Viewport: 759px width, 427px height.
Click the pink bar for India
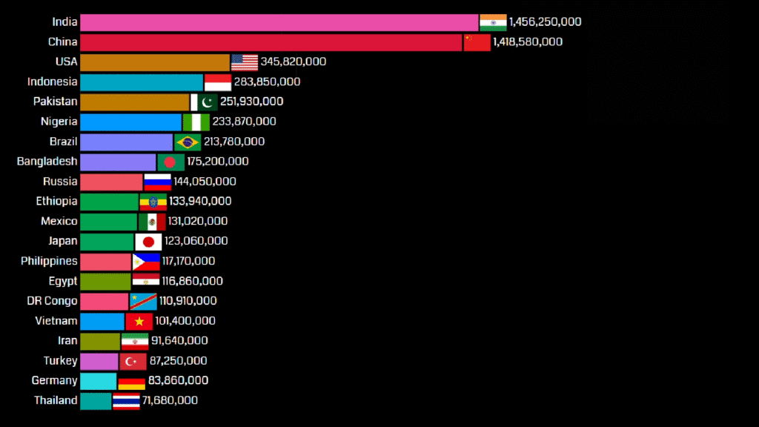click(x=279, y=22)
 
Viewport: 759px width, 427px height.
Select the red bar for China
click(x=271, y=42)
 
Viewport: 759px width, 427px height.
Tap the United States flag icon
click(x=245, y=62)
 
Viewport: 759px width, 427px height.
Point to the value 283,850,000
click(x=267, y=82)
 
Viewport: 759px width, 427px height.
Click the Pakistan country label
click(x=55, y=102)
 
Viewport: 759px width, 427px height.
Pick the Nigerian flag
click(x=196, y=122)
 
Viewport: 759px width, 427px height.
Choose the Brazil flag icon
click(x=188, y=142)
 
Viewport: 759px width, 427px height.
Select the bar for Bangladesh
click(x=118, y=162)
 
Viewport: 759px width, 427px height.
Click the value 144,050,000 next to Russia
click(x=205, y=182)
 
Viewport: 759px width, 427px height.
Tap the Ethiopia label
click(x=56, y=201)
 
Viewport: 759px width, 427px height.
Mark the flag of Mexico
click(x=152, y=221)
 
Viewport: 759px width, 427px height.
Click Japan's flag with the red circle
click(x=148, y=242)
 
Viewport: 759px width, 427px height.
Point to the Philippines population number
click(x=188, y=261)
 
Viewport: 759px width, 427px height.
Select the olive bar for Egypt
click(x=105, y=282)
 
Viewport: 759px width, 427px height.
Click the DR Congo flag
click(x=143, y=301)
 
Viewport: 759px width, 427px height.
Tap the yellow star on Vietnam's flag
click(x=139, y=321)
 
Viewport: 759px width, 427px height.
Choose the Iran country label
click(x=67, y=341)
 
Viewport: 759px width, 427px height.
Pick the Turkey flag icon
click(x=133, y=361)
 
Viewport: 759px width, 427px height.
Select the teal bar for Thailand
click(x=96, y=401)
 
